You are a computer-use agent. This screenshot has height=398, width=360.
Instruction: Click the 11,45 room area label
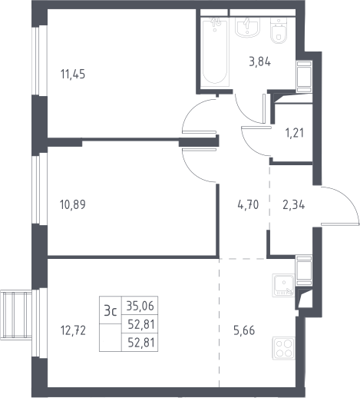coord(73,75)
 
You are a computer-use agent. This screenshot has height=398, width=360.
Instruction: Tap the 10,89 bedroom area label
coord(73,204)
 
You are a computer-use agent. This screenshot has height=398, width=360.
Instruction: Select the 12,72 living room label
coord(73,330)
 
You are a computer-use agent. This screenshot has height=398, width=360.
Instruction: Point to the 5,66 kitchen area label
coord(244,330)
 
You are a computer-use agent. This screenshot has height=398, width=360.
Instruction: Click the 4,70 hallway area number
coord(248,204)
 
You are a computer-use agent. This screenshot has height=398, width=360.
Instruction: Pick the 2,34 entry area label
coord(294,205)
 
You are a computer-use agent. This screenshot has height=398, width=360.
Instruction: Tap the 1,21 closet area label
coord(295,133)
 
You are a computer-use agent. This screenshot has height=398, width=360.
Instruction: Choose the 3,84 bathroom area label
coord(260,62)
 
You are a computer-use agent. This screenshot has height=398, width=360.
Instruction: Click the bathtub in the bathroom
coord(215,52)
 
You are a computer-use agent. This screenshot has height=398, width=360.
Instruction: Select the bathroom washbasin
coord(247,28)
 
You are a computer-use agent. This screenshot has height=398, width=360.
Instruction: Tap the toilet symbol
coord(279,31)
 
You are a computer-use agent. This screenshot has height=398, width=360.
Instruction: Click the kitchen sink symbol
coord(283,285)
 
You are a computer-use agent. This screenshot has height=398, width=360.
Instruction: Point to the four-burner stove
coord(284,348)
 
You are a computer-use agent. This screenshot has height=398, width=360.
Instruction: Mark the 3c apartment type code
coord(111,311)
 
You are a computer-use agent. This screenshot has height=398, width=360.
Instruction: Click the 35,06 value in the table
coord(140,306)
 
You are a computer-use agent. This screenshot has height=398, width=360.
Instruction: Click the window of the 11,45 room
coord(40,61)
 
